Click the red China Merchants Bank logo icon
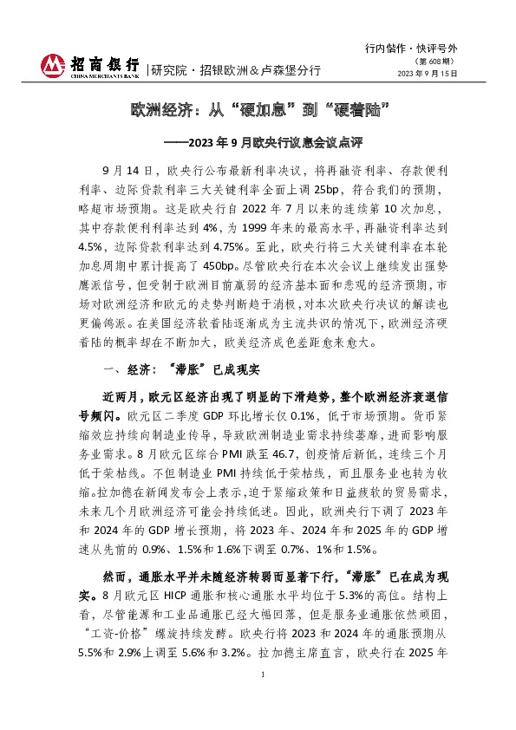(54, 64)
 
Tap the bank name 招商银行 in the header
(104, 65)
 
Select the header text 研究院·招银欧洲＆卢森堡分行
(235, 69)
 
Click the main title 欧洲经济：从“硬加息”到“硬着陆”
(258, 111)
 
